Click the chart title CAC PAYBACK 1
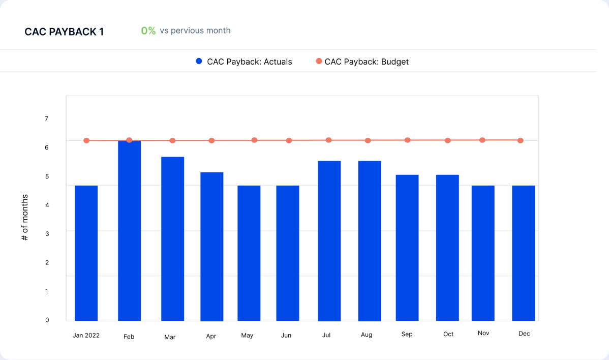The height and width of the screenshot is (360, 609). point(64,32)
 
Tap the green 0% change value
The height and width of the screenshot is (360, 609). point(148,31)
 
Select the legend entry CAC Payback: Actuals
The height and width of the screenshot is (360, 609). point(244,62)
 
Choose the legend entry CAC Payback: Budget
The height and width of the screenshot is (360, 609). point(362,62)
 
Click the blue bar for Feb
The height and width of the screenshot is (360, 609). point(129,231)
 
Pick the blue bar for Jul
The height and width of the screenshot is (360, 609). point(329,241)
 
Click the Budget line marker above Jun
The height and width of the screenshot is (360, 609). point(289,140)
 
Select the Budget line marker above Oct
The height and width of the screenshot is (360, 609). point(447,140)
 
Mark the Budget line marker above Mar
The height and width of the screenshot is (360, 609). point(172,140)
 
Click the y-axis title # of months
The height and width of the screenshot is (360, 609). point(25,217)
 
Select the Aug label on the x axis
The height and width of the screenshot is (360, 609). point(367,335)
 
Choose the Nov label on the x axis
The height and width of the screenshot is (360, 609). point(483,333)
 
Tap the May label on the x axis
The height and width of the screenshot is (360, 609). point(247,335)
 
